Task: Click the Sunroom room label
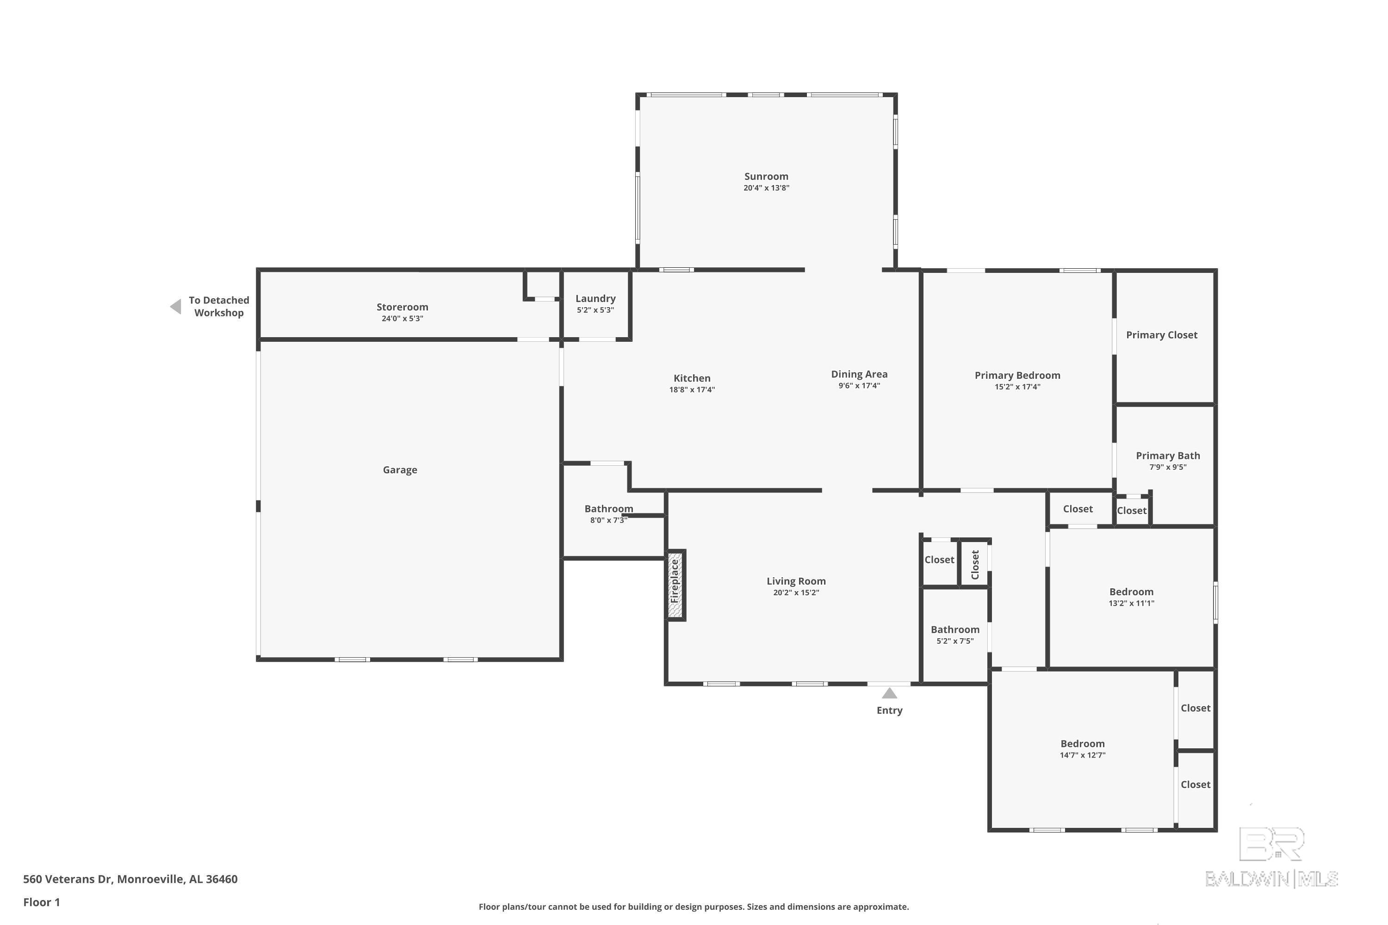[766, 176]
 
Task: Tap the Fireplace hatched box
[675, 585]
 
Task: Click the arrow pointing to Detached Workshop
[175, 307]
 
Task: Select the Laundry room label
[595, 298]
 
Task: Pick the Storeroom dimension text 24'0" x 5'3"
[403, 319]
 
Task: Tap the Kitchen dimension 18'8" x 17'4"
[692, 389]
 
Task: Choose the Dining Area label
[859, 374]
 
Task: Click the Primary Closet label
[1161, 335]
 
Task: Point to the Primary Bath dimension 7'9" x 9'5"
[1168, 467]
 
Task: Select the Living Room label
[796, 581]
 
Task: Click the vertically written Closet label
[975, 565]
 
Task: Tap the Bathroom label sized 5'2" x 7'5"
[955, 629]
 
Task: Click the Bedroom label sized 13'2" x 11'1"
[1131, 592]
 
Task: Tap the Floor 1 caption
[41, 902]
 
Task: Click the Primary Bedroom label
[1017, 375]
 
